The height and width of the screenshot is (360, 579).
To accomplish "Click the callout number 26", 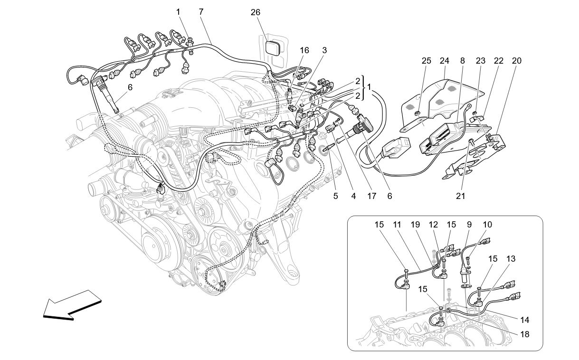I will tap(255, 12).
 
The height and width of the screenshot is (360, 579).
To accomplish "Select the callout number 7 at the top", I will tap(201, 12).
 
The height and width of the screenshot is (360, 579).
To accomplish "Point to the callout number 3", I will tap(324, 50).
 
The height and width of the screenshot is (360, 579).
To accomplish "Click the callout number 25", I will tap(426, 61).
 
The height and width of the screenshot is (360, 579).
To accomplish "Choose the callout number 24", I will tap(444, 61).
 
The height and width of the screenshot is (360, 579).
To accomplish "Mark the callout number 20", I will tap(516, 61).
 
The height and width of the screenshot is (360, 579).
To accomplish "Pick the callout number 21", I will tap(460, 195).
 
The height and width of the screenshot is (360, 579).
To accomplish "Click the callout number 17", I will tap(365, 195).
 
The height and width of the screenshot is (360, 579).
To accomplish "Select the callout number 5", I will tap(336, 195).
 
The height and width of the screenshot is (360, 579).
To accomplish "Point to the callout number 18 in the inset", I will tap(524, 334).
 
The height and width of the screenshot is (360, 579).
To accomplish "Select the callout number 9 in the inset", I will tap(469, 224).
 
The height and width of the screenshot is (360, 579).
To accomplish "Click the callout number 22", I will tap(498, 61).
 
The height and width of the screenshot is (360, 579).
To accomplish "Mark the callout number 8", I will tap(462, 61).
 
